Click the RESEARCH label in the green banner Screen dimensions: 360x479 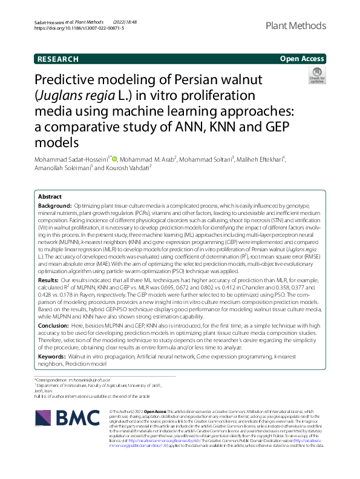(x=57, y=59)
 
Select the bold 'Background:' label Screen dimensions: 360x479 (x=56, y=206)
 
